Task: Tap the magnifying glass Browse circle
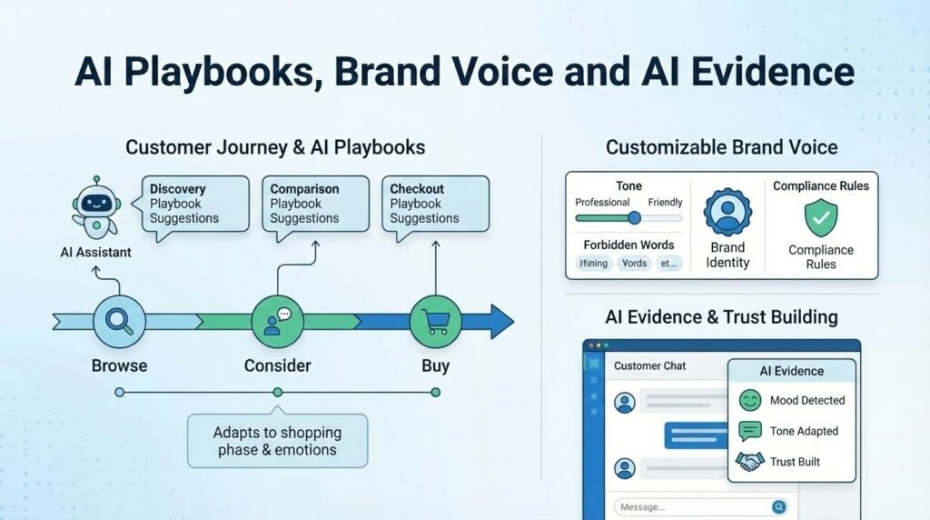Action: point(119,321)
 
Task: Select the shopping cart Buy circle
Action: point(435,321)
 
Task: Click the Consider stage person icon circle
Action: point(277,321)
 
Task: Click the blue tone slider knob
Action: point(634,218)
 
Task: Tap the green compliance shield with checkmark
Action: point(820,218)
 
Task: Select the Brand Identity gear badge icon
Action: point(727,214)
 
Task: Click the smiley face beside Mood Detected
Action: point(750,400)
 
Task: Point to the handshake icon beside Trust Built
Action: point(750,462)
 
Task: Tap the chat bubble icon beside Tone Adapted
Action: point(750,431)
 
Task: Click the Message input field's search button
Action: point(778,507)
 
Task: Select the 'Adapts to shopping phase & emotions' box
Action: point(277,441)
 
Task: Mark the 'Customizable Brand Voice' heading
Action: point(721,147)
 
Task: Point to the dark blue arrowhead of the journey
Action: point(501,321)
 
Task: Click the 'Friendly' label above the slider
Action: point(665,202)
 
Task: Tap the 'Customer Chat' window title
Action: point(650,365)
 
